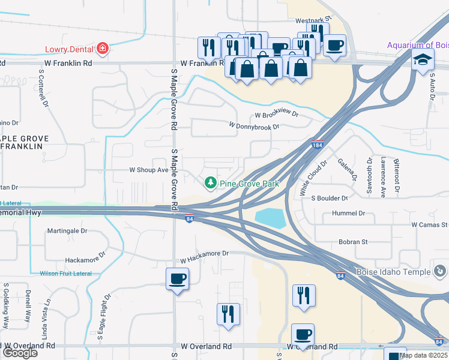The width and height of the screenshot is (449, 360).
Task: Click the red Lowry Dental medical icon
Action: click(x=103, y=49)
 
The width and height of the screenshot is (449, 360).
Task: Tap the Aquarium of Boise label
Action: click(x=417, y=45)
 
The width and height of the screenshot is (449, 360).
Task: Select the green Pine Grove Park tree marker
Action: click(x=210, y=182)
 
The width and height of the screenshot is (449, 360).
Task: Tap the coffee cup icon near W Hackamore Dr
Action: click(x=178, y=279)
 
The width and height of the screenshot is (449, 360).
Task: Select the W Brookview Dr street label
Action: click(x=276, y=115)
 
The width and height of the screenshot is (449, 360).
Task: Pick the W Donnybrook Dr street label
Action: click(x=254, y=126)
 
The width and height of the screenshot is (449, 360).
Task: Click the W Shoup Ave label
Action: click(x=149, y=170)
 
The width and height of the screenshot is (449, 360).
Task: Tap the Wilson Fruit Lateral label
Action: click(x=65, y=274)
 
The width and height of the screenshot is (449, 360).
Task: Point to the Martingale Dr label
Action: click(x=67, y=230)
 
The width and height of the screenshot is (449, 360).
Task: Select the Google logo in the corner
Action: click(x=19, y=353)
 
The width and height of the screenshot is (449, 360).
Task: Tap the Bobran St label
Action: click(x=352, y=242)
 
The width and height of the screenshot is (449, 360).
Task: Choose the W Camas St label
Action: click(x=429, y=224)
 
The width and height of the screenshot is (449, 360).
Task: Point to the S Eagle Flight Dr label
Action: click(x=104, y=316)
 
